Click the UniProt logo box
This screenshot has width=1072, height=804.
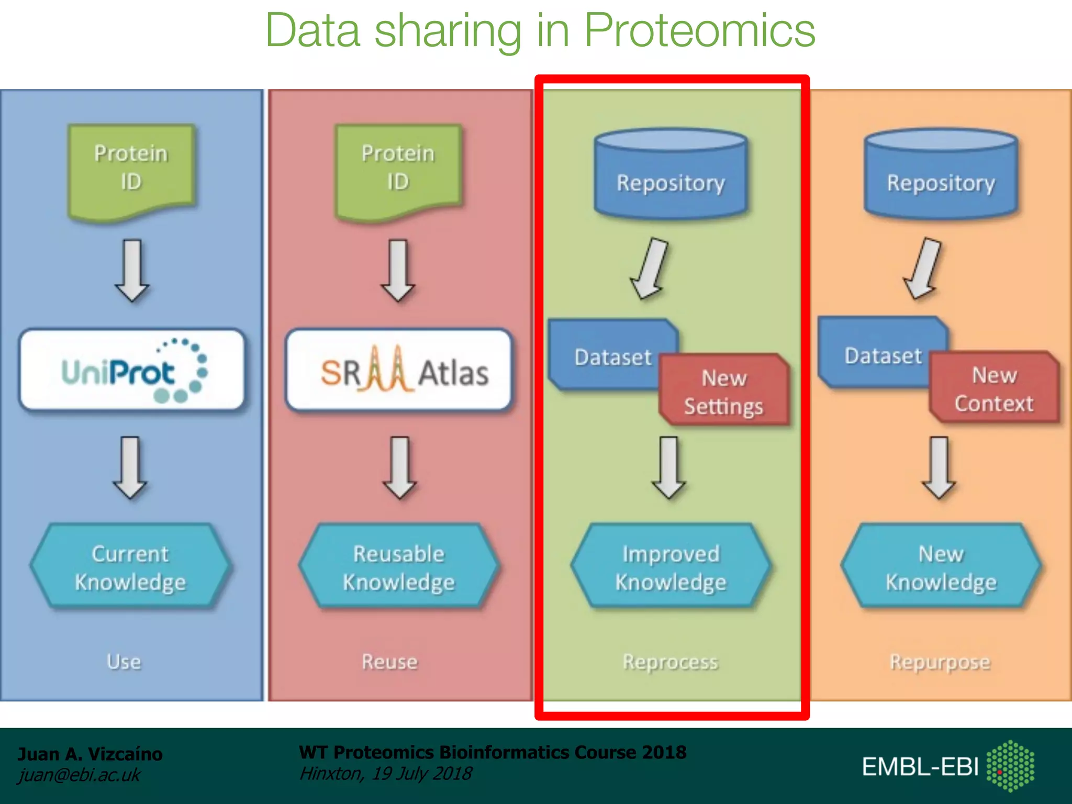pos(132,370)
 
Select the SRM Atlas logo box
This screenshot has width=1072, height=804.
pos(399,370)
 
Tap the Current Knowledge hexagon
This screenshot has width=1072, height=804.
pos(130,567)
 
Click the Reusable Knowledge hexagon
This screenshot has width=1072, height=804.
pos(399,567)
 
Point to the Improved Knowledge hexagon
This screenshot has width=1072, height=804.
pos(671,567)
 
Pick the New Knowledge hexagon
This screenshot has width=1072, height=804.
pos(941,567)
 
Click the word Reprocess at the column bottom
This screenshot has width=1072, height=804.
pos(670,662)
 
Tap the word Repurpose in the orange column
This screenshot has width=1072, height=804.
pos(940,662)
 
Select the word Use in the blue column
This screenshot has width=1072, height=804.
pos(124,662)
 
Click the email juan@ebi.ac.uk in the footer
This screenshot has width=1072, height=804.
pos(79,775)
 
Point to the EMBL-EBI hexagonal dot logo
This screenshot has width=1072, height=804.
pos(1010,766)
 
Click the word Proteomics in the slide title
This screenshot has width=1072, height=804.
pos(699,30)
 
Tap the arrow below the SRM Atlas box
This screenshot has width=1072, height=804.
pos(400,467)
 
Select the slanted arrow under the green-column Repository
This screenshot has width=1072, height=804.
pos(650,269)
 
